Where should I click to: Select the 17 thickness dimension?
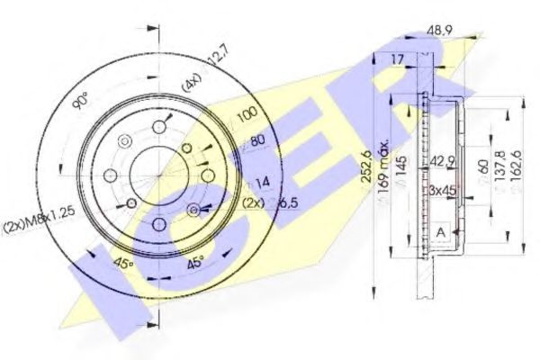(399, 60)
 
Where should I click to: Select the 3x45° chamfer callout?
(442, 189)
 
